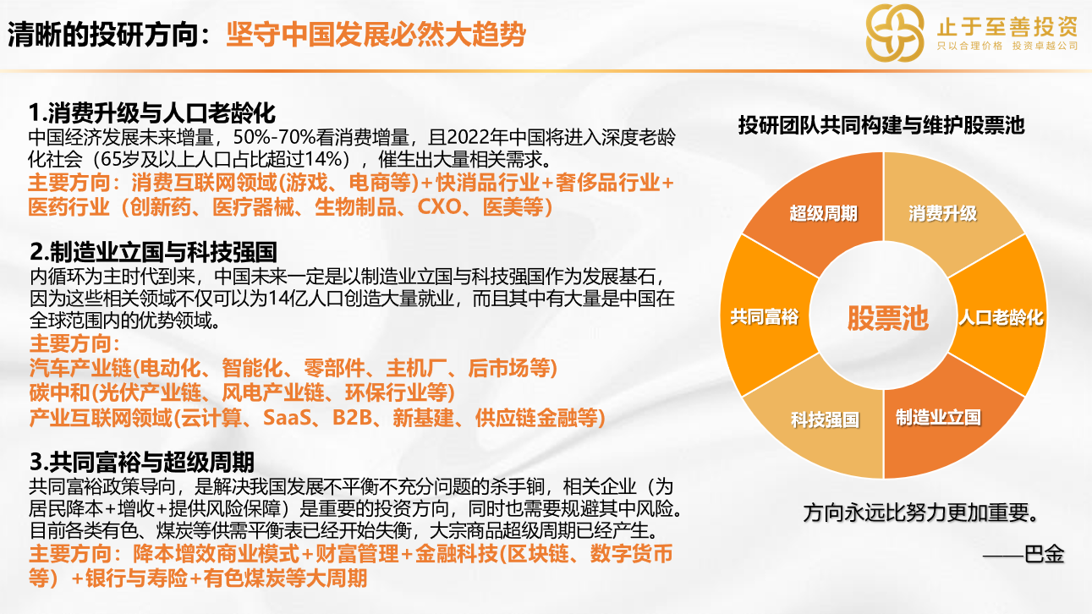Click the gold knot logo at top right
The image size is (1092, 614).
[x=895, y=33]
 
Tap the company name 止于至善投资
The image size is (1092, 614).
[x=1007, y=26]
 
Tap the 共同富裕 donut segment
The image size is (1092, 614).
[x=765, y=317]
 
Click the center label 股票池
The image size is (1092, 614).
[x=888, y=318]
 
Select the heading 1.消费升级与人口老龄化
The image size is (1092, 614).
[x=152, y=112]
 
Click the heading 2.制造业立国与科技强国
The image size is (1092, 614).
[x=153, y=252]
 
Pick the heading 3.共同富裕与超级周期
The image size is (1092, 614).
[x=142, y=462]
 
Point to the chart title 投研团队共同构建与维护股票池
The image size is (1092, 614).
[x=881, y=125]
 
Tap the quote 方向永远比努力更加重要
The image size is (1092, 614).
[x=920, y=513]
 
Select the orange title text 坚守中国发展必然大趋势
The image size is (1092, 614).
[x=376, y=34]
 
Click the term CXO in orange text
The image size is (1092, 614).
[x=439, y=207]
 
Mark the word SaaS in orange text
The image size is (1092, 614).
[x=287, y=418]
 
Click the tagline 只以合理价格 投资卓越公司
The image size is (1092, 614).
[x=1007, y=46]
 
